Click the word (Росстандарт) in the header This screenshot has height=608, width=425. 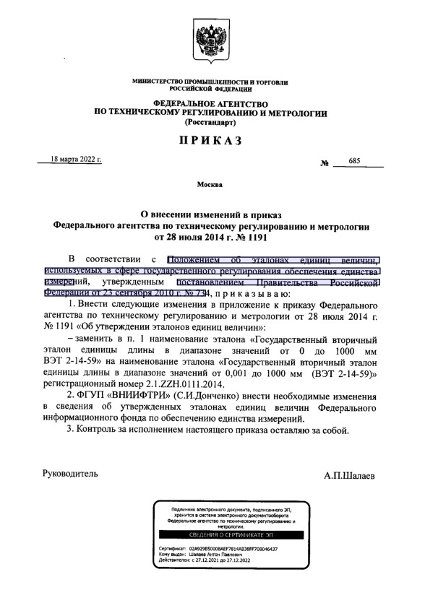click(x=211, y=123)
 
